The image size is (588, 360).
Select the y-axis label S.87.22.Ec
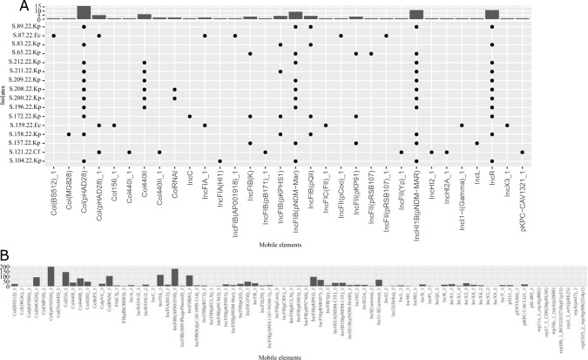point(32,36)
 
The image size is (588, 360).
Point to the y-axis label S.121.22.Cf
point(32,152)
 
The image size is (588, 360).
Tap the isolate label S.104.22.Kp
point(32,161)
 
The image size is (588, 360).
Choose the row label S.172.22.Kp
point(32,115)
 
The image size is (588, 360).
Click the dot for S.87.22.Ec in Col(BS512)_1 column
point(54,36)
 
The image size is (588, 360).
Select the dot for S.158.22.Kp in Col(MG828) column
point(69,133)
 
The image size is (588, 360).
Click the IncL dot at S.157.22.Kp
point(476,142)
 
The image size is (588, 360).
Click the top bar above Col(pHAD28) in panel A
point(84,12)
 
